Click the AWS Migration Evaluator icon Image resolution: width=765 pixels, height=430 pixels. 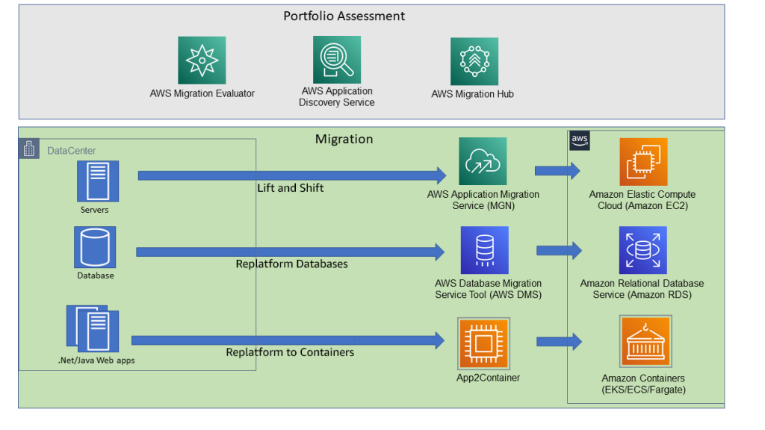coord(202,60)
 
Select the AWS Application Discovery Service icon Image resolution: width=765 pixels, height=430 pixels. coord(336,60)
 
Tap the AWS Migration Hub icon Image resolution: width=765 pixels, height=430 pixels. coord(474,61)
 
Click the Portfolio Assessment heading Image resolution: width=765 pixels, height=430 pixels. coord(344,16)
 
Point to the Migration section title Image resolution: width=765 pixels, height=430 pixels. coord(344,139)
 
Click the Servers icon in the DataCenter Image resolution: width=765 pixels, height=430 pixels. coord(95,181)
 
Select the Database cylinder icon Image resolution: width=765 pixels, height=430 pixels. coord(95,248)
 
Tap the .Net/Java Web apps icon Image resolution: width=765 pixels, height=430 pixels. coord(93,329)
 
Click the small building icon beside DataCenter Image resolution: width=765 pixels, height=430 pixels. coord(29,149)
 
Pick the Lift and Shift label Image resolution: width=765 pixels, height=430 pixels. coord(291,188)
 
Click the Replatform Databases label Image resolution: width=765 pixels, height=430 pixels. coord(291,264)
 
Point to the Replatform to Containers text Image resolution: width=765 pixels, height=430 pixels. coord(290,352)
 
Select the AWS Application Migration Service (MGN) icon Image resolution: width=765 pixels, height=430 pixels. coord(483,161)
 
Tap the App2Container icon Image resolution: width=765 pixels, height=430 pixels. coord(484,343)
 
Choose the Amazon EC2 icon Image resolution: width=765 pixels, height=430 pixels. coord(643,162)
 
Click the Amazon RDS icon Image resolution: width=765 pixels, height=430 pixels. coord(642,251)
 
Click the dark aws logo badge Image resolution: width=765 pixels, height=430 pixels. coord(580,139)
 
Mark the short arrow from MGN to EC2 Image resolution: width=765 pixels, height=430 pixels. coord(557,170)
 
